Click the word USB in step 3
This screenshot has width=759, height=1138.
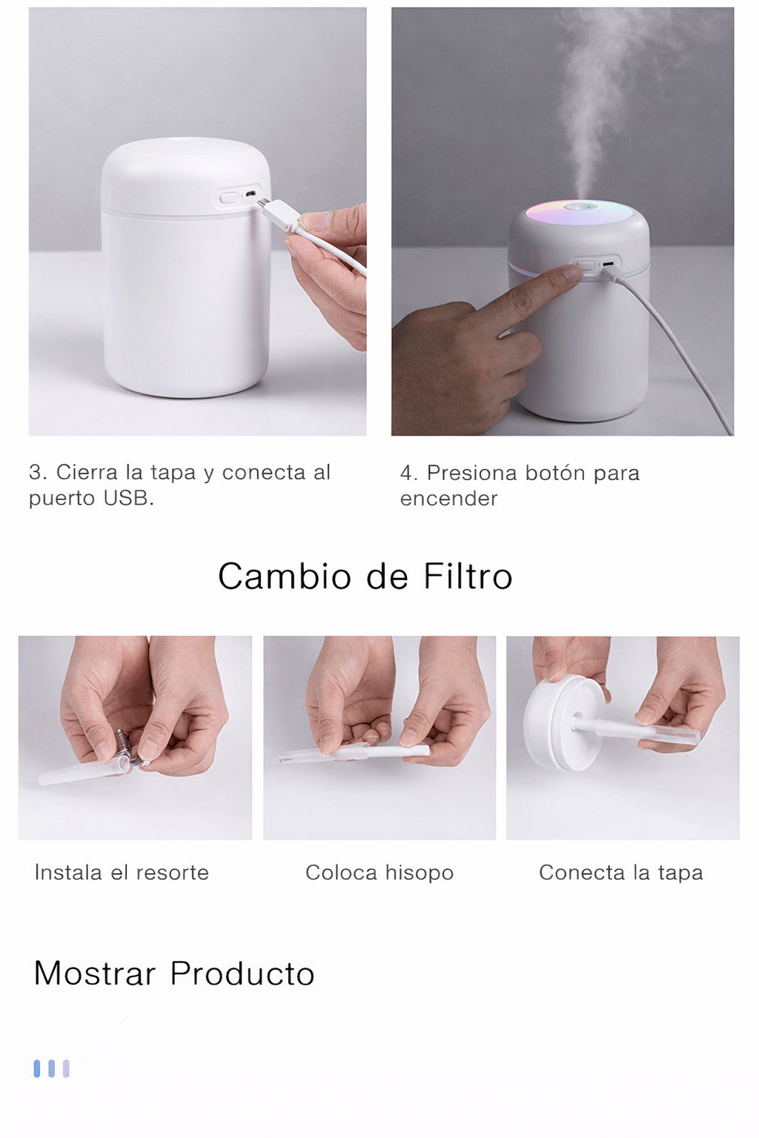point(128,499)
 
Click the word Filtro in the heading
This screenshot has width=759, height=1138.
point(468,576)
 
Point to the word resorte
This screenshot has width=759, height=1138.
point(173,873)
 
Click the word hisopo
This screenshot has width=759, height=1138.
point(419,874)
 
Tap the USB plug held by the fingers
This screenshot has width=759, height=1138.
point(277,212)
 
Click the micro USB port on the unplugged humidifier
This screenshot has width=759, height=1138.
point(251,194)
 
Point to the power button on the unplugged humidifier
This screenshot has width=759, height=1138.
point(229,196)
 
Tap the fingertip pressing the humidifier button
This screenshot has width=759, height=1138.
point(572,273)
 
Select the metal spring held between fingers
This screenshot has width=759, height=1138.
point(124,745)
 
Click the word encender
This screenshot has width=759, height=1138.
point(448,499)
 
